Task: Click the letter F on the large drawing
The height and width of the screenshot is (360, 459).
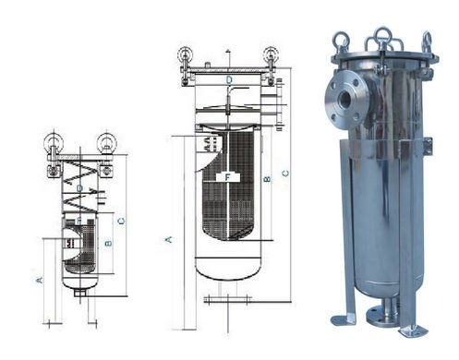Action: click(227, 175)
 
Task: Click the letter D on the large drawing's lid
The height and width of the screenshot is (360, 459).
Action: click(228, 80)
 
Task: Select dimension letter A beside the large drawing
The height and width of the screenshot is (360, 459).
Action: click(169, 238)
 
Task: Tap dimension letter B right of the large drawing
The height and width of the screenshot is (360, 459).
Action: click(267, 177)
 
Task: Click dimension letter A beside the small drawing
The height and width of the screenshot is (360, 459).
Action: click(39, 278)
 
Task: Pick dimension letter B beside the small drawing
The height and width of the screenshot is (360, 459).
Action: click(108, 244)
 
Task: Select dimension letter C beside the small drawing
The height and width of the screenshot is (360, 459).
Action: click(122, 220)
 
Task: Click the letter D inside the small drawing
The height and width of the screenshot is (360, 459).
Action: click(80, 188)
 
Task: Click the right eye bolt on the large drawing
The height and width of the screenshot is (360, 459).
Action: click(270, 54)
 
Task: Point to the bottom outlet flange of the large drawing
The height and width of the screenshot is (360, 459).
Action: click(227, 299)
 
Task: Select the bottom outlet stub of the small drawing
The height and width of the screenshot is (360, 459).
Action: click(80, 293)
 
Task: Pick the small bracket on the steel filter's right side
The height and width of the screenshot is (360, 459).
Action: click(427, 144)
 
